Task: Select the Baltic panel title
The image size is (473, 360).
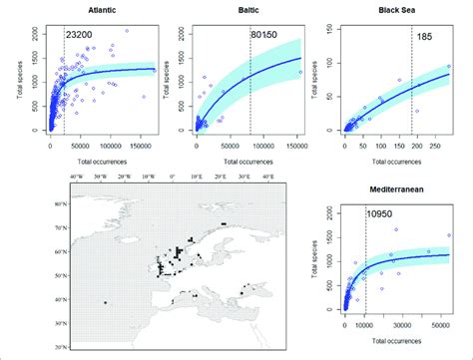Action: (248, 10)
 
